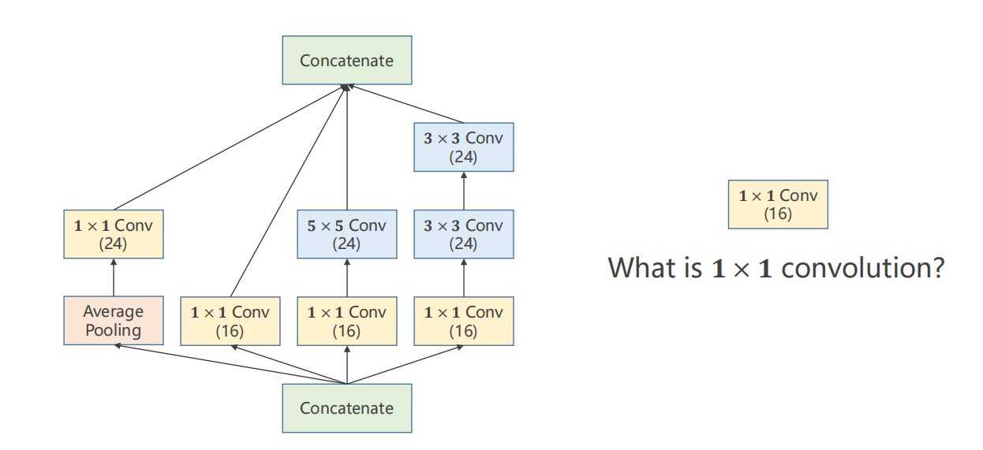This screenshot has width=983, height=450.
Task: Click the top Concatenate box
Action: pos(347,60)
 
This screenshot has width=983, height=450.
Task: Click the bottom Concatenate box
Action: pos(347,407)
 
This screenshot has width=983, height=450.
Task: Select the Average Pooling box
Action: pos(114,321)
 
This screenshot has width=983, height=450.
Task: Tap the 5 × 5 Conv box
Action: pos(347,234)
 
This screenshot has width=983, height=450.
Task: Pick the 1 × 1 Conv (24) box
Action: pos(114,234)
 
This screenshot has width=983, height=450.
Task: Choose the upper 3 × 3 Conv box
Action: pos(464,147)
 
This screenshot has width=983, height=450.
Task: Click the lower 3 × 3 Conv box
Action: pos(464,234)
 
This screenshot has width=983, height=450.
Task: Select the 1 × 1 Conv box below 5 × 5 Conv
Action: pos(347,321)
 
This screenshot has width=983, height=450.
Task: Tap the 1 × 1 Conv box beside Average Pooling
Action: pos(230,321)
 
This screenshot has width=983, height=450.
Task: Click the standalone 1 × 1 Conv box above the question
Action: pos(778,204)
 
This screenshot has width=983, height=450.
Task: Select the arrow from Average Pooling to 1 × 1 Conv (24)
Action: pos(114,277)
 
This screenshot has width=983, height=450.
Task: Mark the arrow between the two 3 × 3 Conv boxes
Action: pos(464,191)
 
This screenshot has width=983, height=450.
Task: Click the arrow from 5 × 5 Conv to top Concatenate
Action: pos(347,150)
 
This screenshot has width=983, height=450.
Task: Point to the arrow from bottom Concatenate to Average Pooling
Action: pos(229,364)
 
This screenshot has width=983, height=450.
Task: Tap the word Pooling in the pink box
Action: pos(114,330)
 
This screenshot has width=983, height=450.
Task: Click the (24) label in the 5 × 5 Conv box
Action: pos(347,244)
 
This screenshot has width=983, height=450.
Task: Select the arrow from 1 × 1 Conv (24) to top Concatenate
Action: pos(229,150)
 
